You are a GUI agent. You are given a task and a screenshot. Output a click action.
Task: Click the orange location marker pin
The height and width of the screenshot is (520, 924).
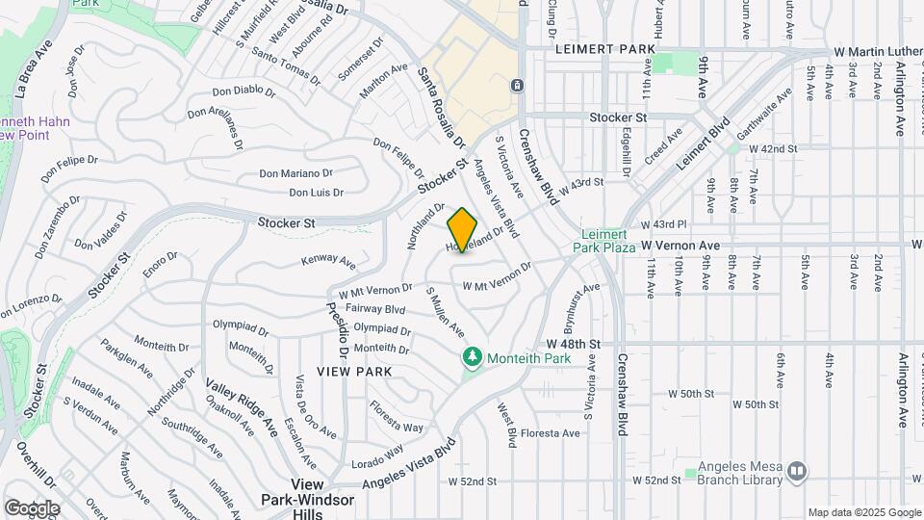point(463,230)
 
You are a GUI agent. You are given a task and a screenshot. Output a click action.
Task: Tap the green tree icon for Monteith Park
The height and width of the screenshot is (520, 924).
point(472,358)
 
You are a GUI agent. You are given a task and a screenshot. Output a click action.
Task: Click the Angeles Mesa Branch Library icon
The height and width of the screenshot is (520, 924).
point(796,471)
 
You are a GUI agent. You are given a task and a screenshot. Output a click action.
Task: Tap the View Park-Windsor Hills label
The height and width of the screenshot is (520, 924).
point(307,492)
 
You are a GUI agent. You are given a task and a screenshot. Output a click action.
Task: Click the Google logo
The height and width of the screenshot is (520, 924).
point(32,507)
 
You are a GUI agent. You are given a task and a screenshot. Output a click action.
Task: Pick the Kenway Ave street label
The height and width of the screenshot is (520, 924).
point(328,261)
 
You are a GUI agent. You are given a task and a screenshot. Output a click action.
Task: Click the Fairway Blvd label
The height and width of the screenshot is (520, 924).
point(374,309)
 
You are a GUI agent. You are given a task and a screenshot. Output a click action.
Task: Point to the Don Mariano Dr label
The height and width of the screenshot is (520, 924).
point(295,173)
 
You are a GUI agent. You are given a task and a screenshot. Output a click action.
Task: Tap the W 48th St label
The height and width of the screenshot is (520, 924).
point(573,343)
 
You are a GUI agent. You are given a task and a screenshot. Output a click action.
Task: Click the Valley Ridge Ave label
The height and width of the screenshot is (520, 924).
point(241,405)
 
